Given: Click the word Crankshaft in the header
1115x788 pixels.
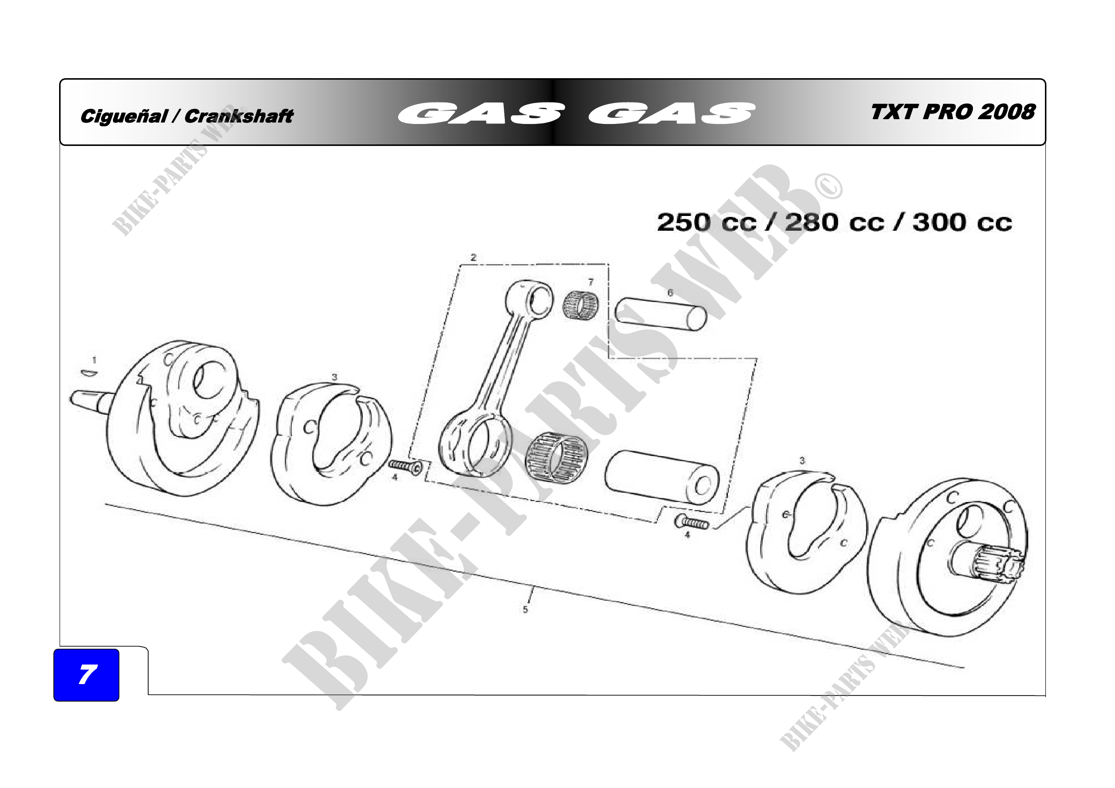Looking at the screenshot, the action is coord(239,116).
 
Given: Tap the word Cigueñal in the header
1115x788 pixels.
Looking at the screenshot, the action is coord(124,116).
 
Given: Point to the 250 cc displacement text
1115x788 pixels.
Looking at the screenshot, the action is coord(706,222).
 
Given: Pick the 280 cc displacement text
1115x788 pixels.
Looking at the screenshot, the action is coord(834,222).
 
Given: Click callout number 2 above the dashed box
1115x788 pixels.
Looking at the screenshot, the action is coord(473,257).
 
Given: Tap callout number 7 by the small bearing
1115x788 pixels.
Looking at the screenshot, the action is coord(591,282).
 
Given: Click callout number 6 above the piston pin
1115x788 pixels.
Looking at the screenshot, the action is coord(670,293).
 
